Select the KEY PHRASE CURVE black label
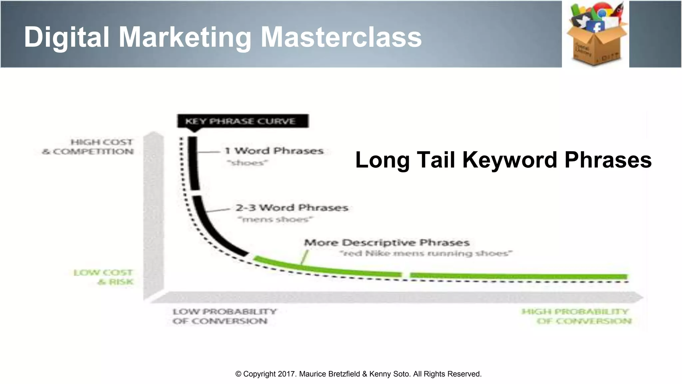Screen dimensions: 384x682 (x=243, y=121)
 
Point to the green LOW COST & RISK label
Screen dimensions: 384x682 (x=104, y=277)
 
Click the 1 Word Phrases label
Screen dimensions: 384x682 (x=274, y=151)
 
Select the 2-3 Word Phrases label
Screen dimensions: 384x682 (x=292, y=208)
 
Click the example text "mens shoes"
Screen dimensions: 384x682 (x=275, y=219)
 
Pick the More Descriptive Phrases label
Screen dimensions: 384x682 (x=387, y=242)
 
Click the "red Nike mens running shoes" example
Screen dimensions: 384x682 (x=426, y=253)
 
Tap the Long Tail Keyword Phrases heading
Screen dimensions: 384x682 (x=503, y=160)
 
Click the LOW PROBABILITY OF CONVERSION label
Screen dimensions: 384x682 (x=224, y=316)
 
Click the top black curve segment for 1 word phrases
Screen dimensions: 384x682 (x=193, y=163)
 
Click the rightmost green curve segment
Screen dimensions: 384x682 (x=518, y=276)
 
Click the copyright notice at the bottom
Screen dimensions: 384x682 (x=358, y=374)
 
